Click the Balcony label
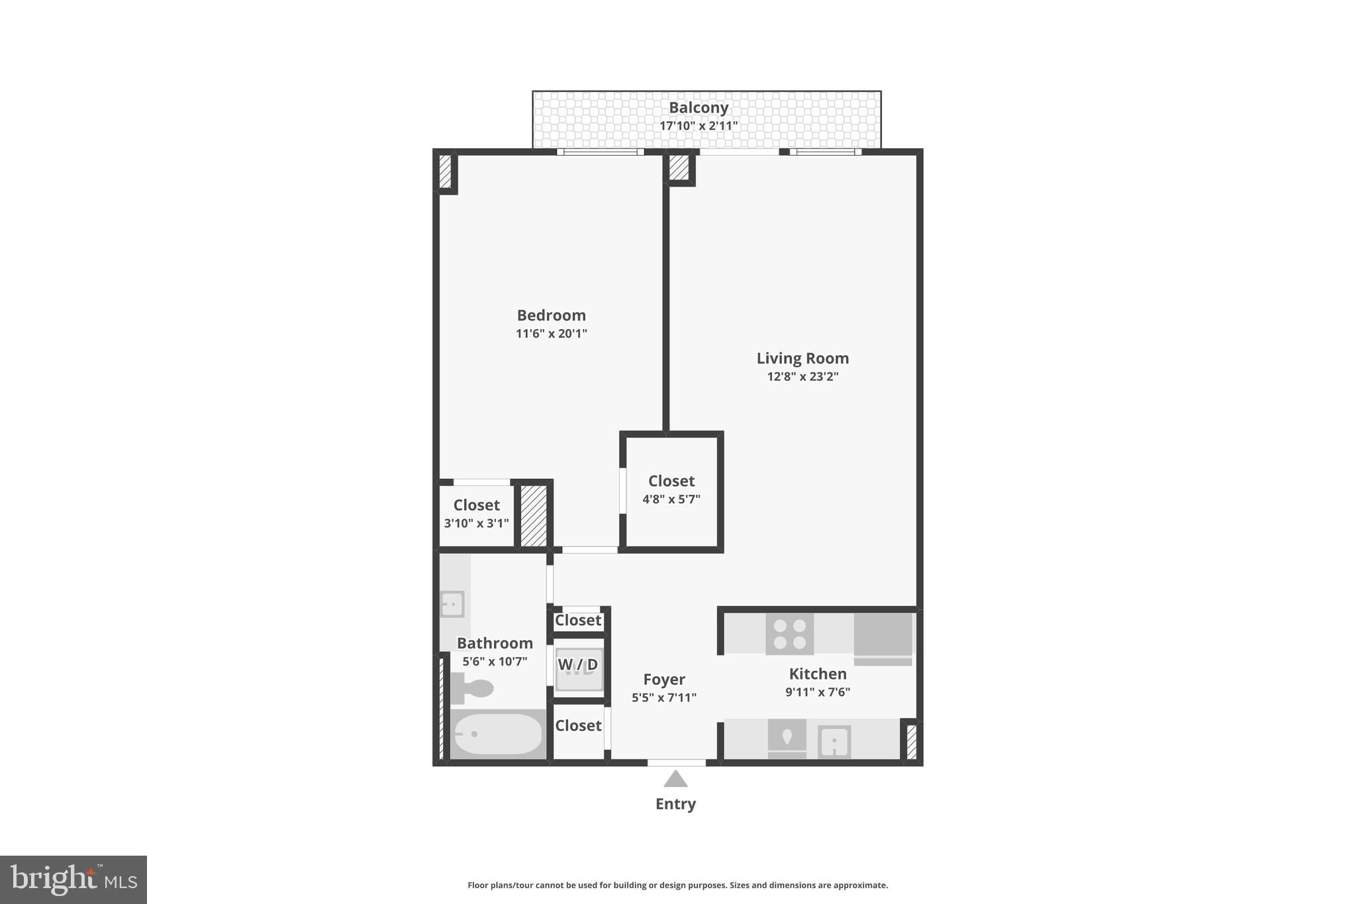point(698,107)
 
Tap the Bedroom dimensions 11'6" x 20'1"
point(551,334)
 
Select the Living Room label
point(802,358)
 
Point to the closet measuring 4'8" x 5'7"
point(671,490)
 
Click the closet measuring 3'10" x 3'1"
point(476,514)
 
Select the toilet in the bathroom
point(472,689)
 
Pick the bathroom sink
point(453,604)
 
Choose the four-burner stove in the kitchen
point(789,634)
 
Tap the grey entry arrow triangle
point(675,779)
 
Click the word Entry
point(675,804)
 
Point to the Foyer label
point(664,679)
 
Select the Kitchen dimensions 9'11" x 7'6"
point(818,692)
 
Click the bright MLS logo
point(73,879)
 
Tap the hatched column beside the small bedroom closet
point(533,516)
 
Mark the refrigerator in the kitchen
point(883,635)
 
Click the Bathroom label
point(495,643)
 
